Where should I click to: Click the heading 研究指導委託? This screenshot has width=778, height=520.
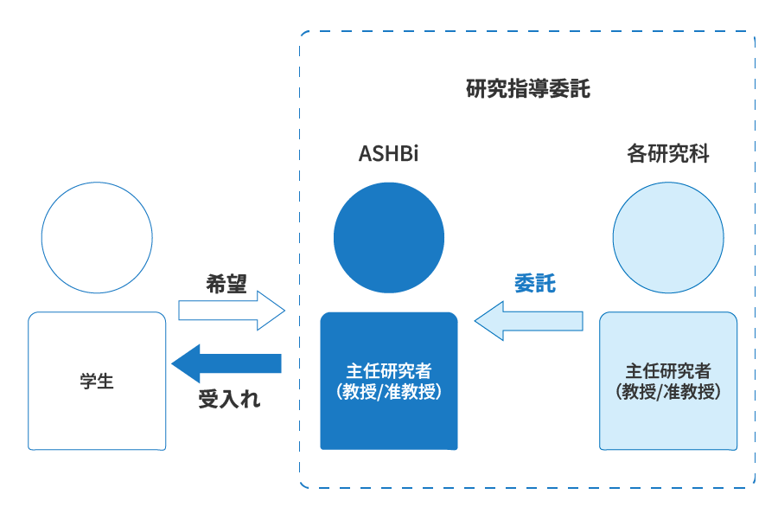[527, 89]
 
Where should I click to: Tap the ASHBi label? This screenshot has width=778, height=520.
[388, 155]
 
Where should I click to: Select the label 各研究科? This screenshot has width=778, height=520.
[668, 155]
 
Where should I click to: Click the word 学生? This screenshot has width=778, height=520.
[97, 381]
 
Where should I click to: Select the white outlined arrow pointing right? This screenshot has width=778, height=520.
[231, 310]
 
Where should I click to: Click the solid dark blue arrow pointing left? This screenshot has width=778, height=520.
[226, 363]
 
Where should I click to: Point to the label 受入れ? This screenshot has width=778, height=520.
[229, 400]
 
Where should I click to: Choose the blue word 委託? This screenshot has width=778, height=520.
[535, 283]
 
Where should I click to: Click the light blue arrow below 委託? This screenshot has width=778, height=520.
[528, 321]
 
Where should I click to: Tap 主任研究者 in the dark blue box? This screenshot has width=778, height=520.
[388, 371]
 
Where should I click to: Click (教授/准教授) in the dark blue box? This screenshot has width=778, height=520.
[388, 391]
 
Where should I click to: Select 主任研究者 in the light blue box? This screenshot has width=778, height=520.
[668, 371]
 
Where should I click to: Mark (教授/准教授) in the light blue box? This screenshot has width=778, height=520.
[668, 391]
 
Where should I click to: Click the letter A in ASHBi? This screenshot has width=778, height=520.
[365, 155]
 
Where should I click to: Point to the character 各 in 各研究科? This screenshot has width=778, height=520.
[637, 155]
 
